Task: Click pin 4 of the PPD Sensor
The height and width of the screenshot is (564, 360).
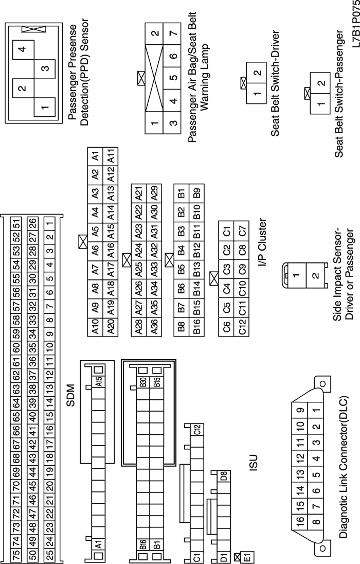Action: (21, 49)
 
